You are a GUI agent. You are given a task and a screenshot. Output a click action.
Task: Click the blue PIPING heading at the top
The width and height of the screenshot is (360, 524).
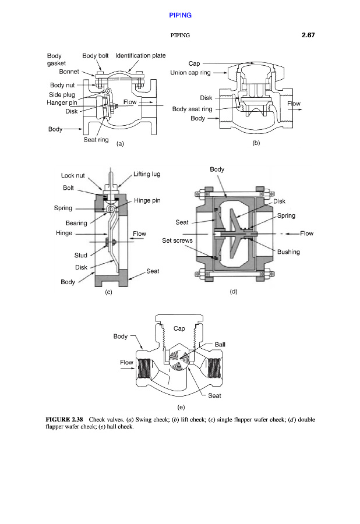(x=180, y=15)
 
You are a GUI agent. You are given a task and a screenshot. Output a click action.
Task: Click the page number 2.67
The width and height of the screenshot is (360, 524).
(x=308, y=35)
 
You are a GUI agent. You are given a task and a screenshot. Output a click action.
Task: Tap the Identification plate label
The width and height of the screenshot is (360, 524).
(x=140, y=55)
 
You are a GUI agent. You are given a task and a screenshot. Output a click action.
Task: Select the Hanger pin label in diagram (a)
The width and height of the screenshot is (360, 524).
(x=62, y=102)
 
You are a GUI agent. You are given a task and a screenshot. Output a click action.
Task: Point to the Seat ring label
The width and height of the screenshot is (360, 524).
(x=96, y=140)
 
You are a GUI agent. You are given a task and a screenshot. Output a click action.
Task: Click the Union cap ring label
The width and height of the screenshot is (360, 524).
(x=190, y=73)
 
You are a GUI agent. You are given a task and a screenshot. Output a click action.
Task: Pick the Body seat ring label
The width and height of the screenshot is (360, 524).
(x=192, y=109)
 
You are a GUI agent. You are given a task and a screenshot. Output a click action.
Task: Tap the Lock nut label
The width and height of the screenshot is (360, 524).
(x=73, y=175)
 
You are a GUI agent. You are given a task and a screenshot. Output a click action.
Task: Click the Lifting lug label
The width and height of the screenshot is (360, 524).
(x=147, y=174)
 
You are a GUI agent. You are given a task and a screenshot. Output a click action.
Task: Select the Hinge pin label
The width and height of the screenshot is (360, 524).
(x=147, y=200)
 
